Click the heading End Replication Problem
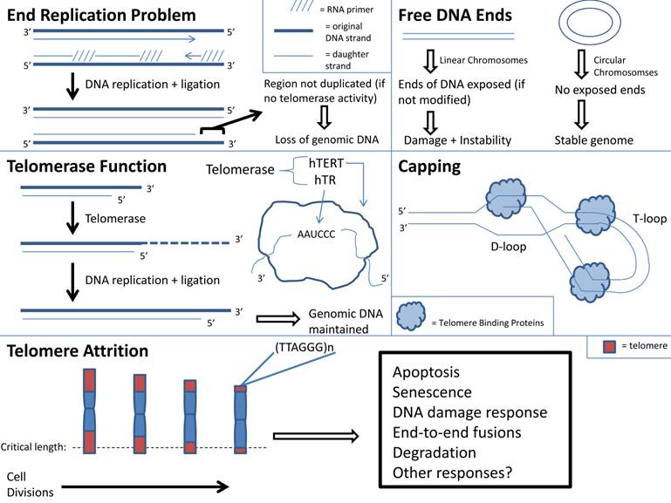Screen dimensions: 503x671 [101, 15]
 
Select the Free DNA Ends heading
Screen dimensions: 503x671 [455, 15]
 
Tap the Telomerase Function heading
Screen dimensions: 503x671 [86, 166]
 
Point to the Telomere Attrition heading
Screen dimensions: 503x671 [78, 350]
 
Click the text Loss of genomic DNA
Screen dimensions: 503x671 [322, 139]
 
